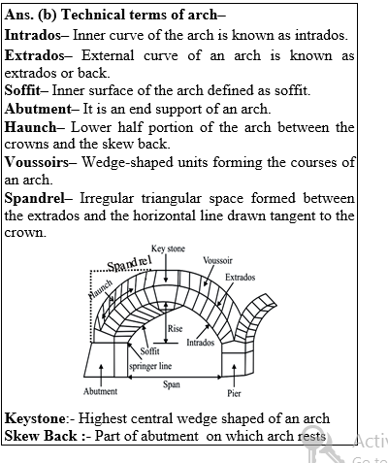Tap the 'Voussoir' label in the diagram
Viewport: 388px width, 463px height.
pos(217,260)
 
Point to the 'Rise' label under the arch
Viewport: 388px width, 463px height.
pos(175,329)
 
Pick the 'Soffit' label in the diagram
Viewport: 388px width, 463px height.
pos(149,352)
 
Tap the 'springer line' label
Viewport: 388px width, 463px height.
pos(151,367)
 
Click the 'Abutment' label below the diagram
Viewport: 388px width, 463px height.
pos(100,392)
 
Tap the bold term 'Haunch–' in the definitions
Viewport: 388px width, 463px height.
pos(31,127)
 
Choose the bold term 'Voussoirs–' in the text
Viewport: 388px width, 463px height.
pos(40,162)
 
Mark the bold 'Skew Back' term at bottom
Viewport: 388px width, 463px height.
pos(36,436)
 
